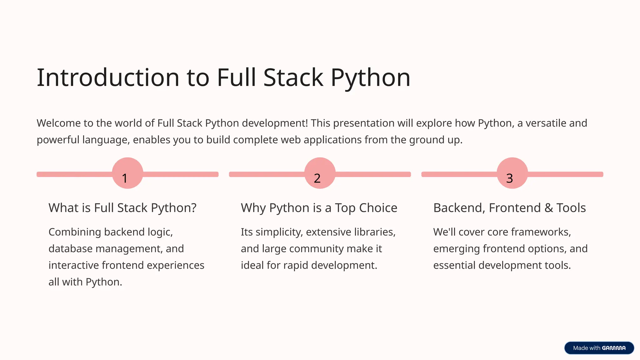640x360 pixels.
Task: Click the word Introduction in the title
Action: pos(108,77)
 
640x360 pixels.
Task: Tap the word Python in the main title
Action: pos(370,78)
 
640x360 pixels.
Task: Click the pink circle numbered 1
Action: pos(127,173)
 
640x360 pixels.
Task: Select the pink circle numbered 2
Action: pos(320,173)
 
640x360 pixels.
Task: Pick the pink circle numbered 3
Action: pos(512,173)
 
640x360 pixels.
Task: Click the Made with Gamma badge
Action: pos(599,348)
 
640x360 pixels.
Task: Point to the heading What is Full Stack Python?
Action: pos(122,208)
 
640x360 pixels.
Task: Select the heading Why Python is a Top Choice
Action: pos(319,208)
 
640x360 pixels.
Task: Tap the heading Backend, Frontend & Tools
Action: pos(509,208)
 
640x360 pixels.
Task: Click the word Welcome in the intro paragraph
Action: pos(58,123)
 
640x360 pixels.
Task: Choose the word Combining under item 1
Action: pos(75,232)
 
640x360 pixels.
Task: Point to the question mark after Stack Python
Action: pos(193,208)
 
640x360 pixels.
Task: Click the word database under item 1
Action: pos(70,249)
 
